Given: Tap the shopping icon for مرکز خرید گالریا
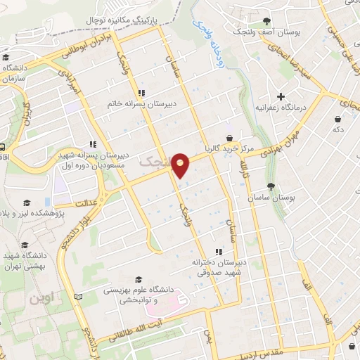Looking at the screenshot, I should coord(230,139).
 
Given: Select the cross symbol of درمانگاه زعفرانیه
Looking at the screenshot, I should coord(281,96).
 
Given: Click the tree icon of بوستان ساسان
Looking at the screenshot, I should coord(271,186).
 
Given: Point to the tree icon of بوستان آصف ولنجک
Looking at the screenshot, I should coord(266,22).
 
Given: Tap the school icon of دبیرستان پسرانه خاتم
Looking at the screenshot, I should coord(141,92).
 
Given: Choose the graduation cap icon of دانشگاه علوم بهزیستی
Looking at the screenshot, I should coord(138,278).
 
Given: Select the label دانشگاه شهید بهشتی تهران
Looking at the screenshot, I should coord(25,261).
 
